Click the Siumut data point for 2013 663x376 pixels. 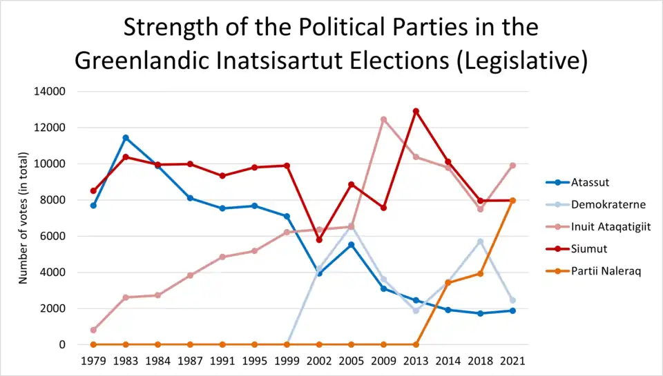tap(416, 111)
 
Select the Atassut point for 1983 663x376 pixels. tap(126, 138)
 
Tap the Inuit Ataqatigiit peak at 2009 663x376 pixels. tap(383, 119)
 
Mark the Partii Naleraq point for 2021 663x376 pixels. tap(512, 200)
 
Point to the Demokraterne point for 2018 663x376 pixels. tap(480, 241)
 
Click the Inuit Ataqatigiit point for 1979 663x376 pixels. tap(93, 330)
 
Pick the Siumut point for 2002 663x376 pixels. tap(319, 239)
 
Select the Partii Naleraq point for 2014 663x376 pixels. tap(448, 282)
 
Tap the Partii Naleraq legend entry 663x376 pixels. tap(606, 271)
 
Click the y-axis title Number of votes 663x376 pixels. tap(23, 217)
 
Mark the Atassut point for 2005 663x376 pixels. tap(352, 245)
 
